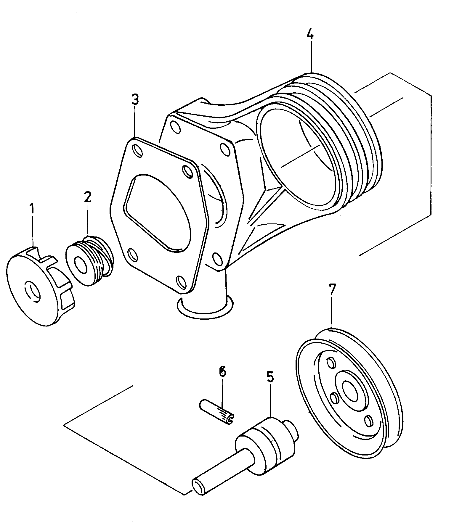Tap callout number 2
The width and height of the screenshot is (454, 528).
tap(87, 197)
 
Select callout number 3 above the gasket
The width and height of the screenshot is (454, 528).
tap(135, 100)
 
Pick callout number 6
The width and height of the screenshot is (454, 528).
tap(222, 371)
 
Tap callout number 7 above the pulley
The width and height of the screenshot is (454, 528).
tap(332, 290)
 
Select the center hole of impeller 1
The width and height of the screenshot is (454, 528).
tap(32, 292)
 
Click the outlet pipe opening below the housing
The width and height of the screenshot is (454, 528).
tap(204, 308)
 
